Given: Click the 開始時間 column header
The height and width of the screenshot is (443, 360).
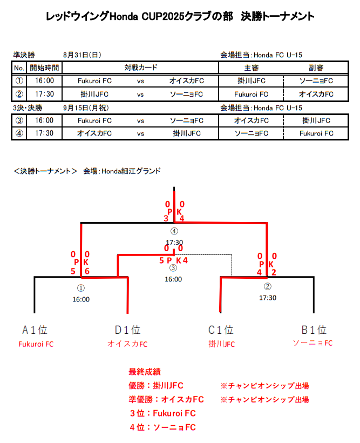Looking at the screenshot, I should pyautogui.click(x=45, y=68).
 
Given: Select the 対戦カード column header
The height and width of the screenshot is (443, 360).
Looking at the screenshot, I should pyautogui.click(x=140, y=68).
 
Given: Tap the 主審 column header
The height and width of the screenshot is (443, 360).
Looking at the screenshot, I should pyautogui.click(x=251, y=68).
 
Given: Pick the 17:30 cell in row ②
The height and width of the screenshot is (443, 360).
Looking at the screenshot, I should pyautogui.click(x=45, y=94).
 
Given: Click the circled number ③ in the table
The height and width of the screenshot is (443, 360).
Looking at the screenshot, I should pyautogui.click(x=19, y=120).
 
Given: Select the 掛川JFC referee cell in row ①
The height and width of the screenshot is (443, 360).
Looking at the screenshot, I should pyautogui.click(x=251, y=81).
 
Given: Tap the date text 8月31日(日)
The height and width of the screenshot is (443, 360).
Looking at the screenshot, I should pyautogui.click(x=82, y=55).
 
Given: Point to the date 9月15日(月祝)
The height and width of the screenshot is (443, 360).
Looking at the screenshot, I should pyautogui.click(x=85, y=108).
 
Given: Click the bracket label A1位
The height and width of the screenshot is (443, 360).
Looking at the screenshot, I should pyautogui.click(x=35, y=330).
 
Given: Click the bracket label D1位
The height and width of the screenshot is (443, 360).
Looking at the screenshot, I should pyautogui.click(x=127, y=330).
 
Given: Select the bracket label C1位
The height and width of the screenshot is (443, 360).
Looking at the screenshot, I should pyautogui.click(x=221, y=330).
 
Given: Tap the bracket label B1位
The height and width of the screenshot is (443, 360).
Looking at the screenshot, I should pyautogui.click(x=314, y=330).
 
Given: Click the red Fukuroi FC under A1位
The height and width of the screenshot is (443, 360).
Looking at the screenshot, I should pyautogui.click(x=36, y=344).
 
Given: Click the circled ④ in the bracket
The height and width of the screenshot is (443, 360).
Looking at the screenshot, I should pyautogui.click(x=174, y=231).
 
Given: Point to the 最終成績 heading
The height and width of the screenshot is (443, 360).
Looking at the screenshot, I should pyautogui.click(x=144, y=372).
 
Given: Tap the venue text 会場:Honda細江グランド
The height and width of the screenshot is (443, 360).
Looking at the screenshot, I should pyautogui.click(x=121, y=171).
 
